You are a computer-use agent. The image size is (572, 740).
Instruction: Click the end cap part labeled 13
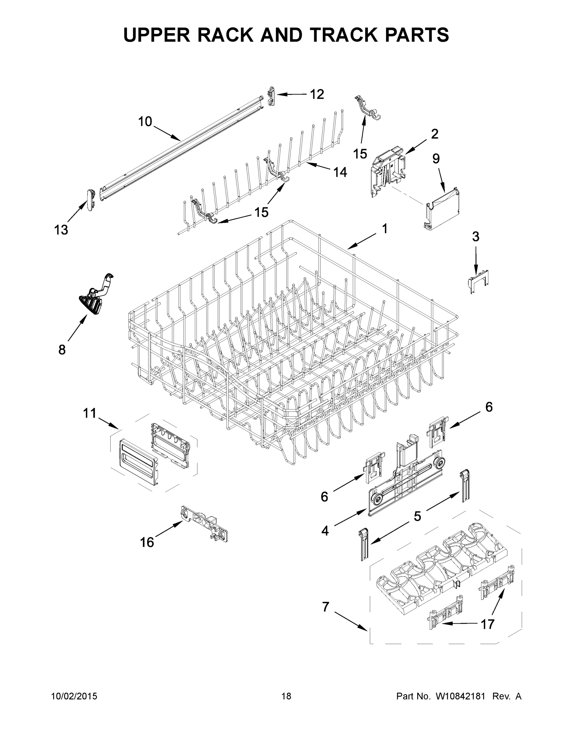point(90,200)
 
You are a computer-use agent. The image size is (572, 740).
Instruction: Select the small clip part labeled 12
point(271,96)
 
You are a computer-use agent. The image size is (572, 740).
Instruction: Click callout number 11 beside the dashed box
point(90,413)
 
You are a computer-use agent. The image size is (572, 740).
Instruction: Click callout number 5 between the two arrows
point(417,516)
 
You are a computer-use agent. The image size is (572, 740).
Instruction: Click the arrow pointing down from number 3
point(475,261)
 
